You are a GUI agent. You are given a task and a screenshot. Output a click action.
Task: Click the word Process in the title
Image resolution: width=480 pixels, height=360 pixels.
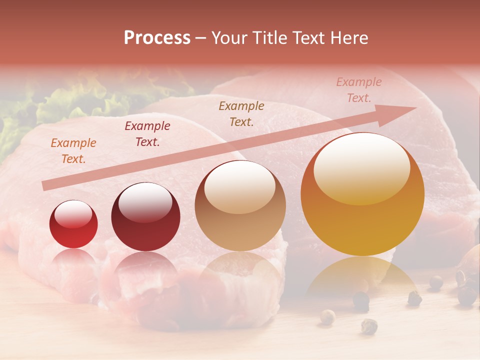(157, 38)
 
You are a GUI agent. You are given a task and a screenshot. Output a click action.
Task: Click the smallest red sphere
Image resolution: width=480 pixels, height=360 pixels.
(73, 224)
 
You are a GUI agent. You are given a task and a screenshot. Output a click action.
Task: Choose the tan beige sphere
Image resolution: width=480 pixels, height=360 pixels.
(240, 206)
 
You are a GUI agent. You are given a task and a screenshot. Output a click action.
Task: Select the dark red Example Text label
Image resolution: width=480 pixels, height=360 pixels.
(147, 134)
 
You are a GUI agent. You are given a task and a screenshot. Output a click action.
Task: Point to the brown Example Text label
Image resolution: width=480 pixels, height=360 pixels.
(241, 114)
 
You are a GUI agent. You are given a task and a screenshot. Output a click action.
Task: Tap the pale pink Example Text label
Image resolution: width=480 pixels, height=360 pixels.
(358, 90)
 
